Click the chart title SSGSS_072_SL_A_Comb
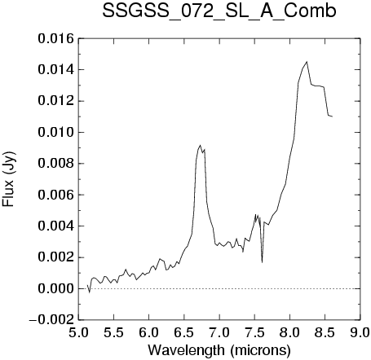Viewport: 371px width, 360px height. (x=219, y=11)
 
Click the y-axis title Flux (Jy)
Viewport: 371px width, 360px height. (x=8, y=179)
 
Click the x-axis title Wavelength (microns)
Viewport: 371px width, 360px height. (x=219, y=350)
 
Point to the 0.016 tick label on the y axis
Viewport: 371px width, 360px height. (x=55, y=38)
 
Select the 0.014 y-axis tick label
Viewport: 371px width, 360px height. (x=55, y=70)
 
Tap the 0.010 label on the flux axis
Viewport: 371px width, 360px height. (x=55, y=133)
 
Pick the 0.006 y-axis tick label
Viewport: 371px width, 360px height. (x=55, y=195)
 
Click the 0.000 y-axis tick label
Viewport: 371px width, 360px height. (x=55, y=288)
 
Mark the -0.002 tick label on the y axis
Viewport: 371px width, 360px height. (x=51, y=320)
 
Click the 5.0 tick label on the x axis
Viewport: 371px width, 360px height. (x=78, y=332)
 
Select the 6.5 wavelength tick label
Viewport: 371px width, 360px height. (x=184, y=332)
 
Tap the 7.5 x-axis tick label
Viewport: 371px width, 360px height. (x=254, y=332)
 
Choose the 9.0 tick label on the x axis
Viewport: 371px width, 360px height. (x=360, y=332)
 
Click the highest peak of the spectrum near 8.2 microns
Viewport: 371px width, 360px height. (x=307, y=62)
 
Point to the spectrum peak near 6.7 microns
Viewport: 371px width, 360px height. (x=200, y=145)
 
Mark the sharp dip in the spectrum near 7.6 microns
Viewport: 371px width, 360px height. (x=262, y=262)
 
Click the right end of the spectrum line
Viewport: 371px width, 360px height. (x=332, y=116)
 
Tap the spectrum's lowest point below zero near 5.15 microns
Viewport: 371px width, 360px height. (x=89, y=292)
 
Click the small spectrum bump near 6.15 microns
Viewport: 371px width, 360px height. (x=160, y=259)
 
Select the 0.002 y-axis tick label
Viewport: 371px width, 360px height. (x=55, y=257)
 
